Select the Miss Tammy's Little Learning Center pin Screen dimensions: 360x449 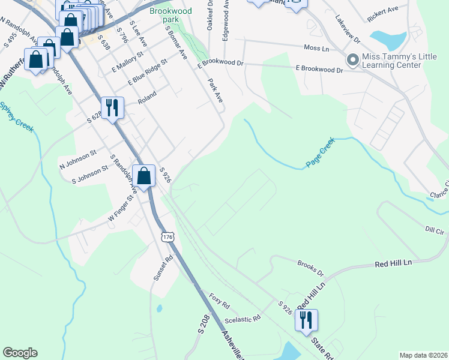(352, 59)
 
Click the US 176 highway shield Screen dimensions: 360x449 (167, 238)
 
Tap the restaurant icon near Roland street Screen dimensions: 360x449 (112, 108)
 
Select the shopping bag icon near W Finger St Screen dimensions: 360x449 (143, 176)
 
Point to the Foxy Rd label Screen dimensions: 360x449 (219, 300)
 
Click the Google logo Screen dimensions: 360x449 (20, 353)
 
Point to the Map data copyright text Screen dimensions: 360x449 (423, 355)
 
